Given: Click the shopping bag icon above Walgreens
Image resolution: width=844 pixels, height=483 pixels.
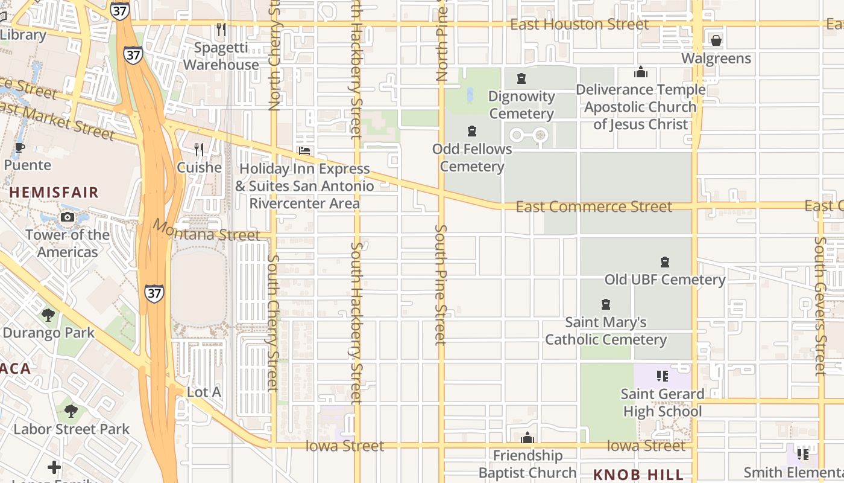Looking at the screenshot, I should pyautogui.click(x=716, y=40).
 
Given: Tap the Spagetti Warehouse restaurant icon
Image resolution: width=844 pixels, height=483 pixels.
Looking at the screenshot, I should pyautogui.click(x=221, y=29).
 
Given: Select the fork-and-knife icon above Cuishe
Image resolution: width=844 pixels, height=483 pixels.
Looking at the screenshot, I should pyautogui.click(x=199, y=149).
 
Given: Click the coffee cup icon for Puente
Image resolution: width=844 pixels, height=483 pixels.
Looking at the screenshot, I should pyautogui.click(x=20, y=147).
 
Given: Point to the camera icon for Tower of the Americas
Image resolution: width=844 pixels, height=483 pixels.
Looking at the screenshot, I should pyautogui.click(x=68, y=217).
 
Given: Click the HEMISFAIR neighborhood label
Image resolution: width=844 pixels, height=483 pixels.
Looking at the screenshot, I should pyautogui.click(x=54, y=193).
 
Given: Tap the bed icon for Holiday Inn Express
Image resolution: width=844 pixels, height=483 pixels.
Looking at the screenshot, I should pyautogui.click(x=304, y=150).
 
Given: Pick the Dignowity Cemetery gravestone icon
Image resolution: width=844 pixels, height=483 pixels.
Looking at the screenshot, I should pyautogui.click(x=521, y=78).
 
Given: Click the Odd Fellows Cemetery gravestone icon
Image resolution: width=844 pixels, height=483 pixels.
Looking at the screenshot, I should pyautogui.click(x=472, y=131).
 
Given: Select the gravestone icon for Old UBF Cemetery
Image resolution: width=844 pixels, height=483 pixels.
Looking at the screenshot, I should pyautogui.click(x=665, y=262).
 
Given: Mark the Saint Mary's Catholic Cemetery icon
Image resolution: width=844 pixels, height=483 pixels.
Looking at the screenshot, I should pyautogui.click(x=606, y=304).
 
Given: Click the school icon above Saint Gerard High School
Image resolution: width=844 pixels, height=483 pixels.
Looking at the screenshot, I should pyautogui.click(x=663, y=376).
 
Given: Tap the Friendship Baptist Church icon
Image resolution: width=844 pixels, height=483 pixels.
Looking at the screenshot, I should pyautogui.click(x=527, y=438).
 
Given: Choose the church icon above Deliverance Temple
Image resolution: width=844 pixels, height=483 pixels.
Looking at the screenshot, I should pyautogui.click(x=641, y=72).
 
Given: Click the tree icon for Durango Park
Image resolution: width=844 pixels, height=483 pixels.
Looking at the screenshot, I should pyautogui.click(x=48, y=315).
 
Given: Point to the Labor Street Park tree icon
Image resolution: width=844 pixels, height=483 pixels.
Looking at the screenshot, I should pyautogui.click(x=71, y=411).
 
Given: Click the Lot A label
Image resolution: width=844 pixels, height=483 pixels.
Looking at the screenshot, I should pyautogui.click(x=204, y=392).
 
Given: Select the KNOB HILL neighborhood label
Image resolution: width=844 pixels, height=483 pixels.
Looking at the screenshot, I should pyautogui.click(x=638, y=474).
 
